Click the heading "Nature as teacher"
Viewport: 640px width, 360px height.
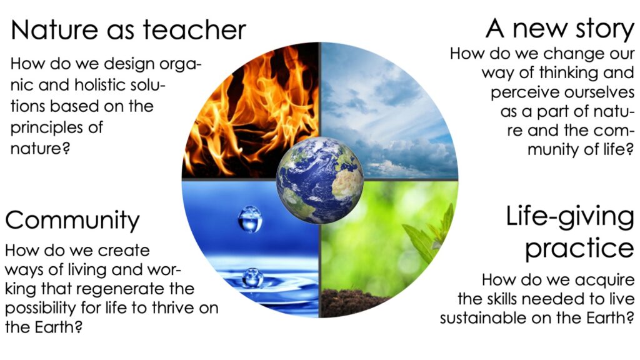click(x=128, y=29)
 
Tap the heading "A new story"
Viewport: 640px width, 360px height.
click(x=560, y=29)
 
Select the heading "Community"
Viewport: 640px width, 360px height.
click(x=72, y=221)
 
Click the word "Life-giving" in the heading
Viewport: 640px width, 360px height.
click(x=570, y=217)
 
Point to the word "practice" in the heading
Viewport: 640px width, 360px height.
click(x=579, y=249)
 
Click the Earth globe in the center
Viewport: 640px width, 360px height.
click(x=319, y=180)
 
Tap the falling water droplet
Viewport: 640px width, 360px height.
click(x=250, y=219)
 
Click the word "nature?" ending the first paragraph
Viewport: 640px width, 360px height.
click(x=41, y=149)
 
